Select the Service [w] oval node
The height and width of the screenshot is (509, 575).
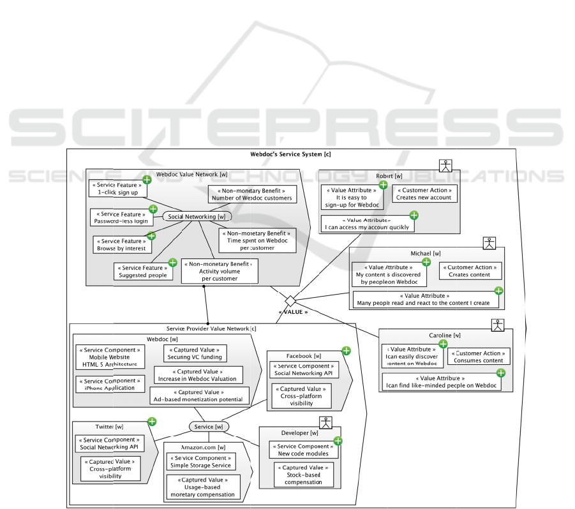(x=209, y=426)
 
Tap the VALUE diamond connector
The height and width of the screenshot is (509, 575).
(x=290, y=300)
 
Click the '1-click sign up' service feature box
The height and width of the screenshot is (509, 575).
(x=118, y=188)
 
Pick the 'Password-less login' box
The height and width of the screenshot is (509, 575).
(x=121, y=217)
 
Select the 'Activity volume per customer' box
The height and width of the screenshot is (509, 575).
(x=220, y=270)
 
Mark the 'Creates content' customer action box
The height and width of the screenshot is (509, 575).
(x=470, y=270)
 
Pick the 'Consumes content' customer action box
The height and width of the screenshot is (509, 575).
(x=479, y=356)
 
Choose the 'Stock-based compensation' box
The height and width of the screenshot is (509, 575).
(x=303, y=475)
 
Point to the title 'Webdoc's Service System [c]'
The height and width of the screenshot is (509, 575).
(x=291, y=154)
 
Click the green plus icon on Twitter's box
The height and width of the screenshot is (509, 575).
(x=152, y=421)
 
